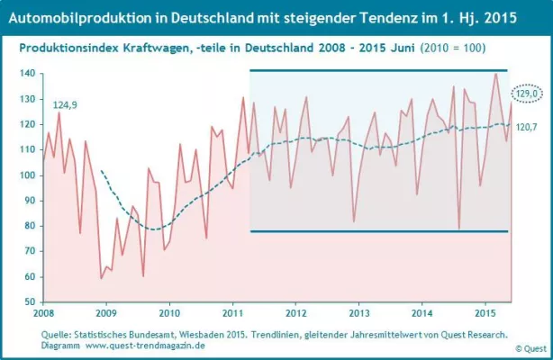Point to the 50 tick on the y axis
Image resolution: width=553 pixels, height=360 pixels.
tap(31, 301)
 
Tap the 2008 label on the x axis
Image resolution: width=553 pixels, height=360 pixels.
tap(43, 313)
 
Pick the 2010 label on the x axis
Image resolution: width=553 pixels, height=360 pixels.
tap(170, 313)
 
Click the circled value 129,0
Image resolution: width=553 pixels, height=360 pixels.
tap(525, 93)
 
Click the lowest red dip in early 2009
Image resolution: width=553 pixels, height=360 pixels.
tap(101, 278)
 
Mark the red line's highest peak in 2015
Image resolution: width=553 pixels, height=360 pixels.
tap(495, 74)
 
